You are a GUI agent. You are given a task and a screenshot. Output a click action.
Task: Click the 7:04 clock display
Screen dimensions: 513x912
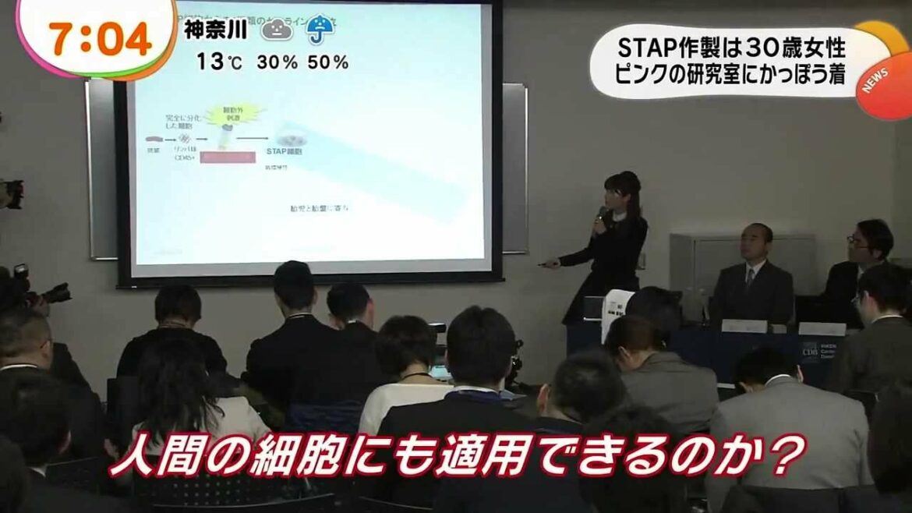point(100,39)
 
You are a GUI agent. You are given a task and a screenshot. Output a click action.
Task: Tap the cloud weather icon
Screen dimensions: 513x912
point(277,30)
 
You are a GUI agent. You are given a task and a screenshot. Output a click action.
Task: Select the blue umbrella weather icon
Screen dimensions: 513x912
point(320,30)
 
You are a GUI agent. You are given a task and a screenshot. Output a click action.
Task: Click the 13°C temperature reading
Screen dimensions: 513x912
point(219,62)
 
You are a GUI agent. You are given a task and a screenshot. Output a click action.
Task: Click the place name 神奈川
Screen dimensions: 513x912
point(216,30)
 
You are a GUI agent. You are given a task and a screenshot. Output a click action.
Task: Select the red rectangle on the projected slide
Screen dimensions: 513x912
point(228,157)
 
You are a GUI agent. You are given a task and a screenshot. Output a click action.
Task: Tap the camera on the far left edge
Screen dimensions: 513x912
point(11,193)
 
